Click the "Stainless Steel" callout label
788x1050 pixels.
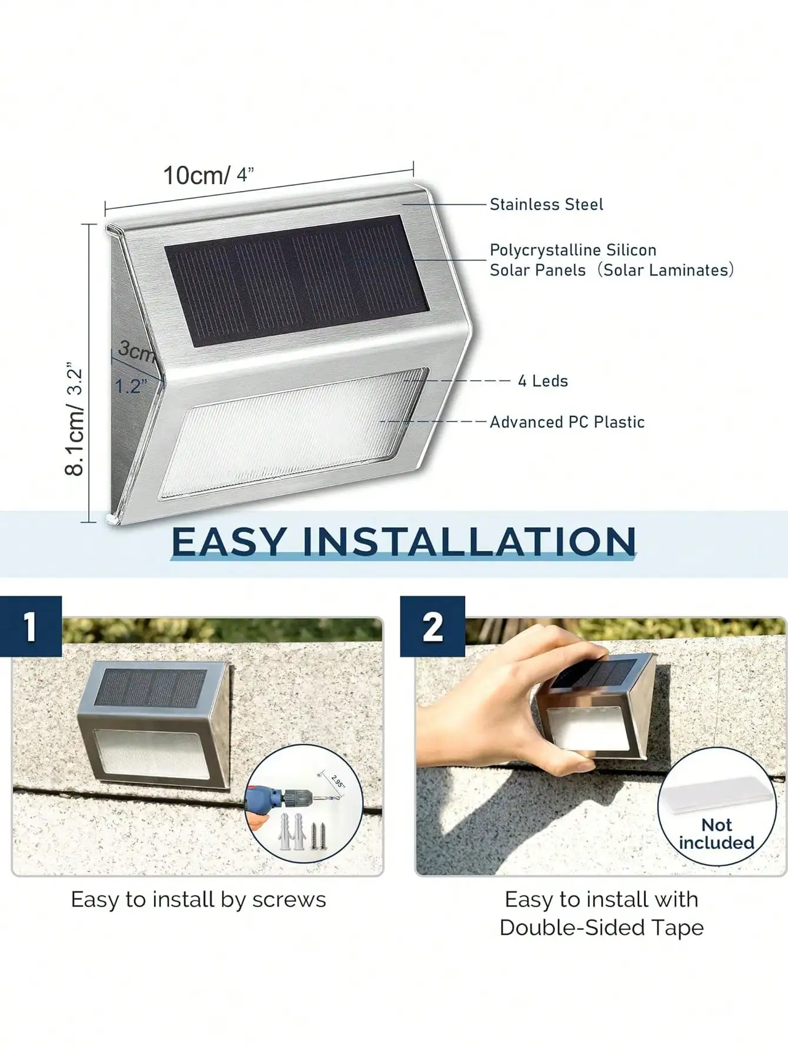546,205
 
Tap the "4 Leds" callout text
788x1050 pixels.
543,381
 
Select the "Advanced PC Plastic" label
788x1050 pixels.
567,422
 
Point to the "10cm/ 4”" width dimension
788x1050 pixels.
208,175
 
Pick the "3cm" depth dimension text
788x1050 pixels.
136,351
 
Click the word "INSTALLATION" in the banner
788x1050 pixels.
469,542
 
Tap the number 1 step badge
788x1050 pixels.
31,626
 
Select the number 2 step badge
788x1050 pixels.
432,626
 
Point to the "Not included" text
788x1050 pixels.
716,834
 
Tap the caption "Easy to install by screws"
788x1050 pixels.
198,900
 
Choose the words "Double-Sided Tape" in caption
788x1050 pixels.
601,928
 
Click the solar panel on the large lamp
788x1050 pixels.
296,281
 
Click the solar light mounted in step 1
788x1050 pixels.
154,724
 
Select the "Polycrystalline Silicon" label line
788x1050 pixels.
573,250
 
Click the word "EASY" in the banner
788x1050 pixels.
229,542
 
